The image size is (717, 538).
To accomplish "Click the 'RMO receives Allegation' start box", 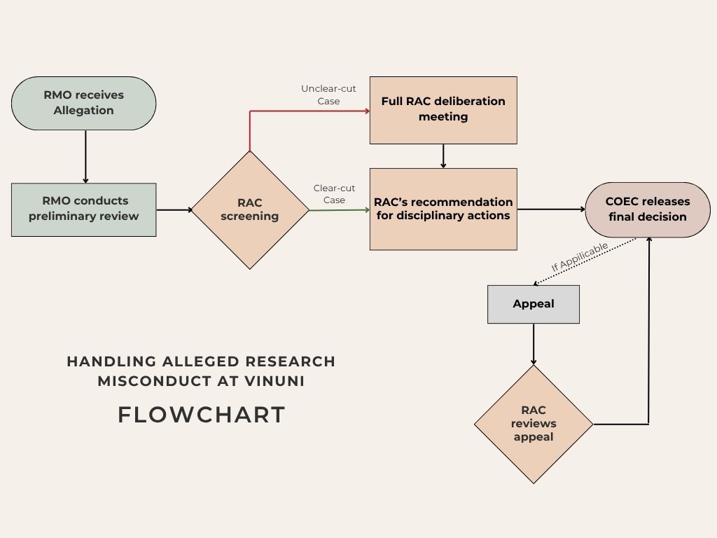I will point(83,103).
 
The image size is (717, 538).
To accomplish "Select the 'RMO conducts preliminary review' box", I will point(83,209).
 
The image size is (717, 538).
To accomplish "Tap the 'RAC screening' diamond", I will point(250,209).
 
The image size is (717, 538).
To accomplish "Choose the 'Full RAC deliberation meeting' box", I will point(443,110).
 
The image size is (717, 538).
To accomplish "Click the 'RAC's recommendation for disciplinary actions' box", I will point(443,209).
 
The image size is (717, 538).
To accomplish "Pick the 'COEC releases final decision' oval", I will point(648,209).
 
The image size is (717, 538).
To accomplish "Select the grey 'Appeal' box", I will point(534,304).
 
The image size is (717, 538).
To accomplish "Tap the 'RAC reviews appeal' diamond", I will point(534,424).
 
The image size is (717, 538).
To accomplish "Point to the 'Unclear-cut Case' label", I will point(323,95).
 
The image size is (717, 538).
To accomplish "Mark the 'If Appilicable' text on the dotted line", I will point(580,258).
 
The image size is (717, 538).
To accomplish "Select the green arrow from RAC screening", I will point(339,209).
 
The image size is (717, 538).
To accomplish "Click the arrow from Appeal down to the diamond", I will point(534,343).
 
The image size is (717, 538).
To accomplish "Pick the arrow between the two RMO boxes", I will point(85,156).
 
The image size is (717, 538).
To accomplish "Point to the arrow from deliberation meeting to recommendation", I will point(443,156).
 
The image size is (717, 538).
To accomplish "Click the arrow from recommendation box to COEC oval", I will point(551,209).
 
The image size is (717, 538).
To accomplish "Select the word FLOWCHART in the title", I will point(202,415).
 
